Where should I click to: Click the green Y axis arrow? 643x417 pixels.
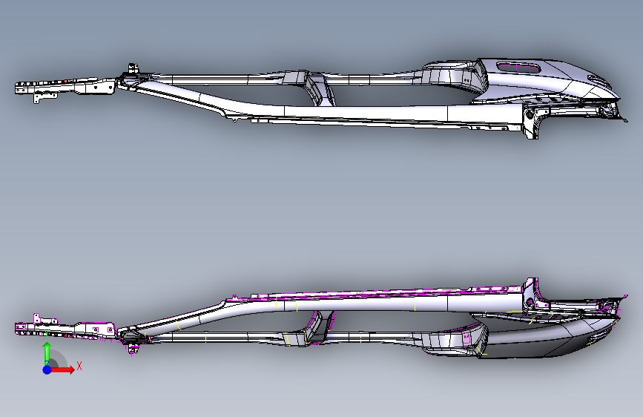click(47, 351)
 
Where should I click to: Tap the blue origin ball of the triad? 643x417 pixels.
click(47, 369)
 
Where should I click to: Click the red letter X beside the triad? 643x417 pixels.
click(79, 366)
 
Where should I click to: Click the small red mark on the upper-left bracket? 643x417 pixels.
click(65, 80)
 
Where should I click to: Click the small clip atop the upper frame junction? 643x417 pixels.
click(134, 68)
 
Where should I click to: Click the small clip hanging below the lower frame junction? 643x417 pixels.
click(134, 347)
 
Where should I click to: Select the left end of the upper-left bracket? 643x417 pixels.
click(18, 88)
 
